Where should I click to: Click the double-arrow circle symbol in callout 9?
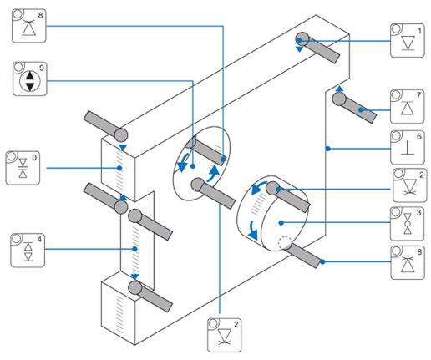coord(30,81)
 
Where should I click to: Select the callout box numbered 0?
coord(23,168)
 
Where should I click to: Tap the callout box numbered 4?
coord(28,251)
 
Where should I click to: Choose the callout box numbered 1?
coord(408,41)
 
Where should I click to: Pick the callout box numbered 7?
coord(408,107)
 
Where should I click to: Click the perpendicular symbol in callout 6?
coord(408,147)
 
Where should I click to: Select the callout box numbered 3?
coord(407,224)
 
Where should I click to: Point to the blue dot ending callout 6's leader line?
coord(328,149)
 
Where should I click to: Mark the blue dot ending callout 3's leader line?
coord(281,223)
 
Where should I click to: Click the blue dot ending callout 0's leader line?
coord(119,168)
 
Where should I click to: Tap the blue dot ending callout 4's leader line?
coord(134,249)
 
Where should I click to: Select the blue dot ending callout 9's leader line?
coord(193,166)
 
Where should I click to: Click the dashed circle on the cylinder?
coord(285,243)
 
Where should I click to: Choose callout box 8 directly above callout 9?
coord(29,26)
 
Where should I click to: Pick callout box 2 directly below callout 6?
coord(410,185)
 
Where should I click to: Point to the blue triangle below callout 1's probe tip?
coord(300,49)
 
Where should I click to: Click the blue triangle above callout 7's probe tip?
coord(339,89)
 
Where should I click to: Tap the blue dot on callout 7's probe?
coord(361,110)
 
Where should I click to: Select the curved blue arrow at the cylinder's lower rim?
coord(253,231)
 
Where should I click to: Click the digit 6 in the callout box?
coord(419,136)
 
